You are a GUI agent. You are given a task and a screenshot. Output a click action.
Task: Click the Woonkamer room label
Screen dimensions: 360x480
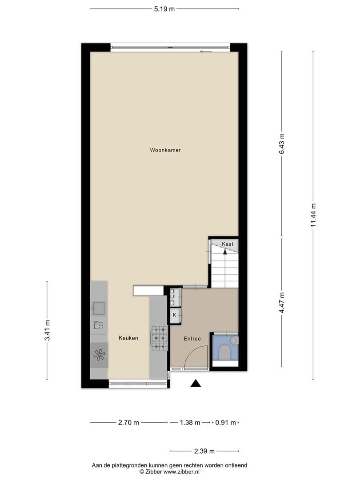tap(165, 150)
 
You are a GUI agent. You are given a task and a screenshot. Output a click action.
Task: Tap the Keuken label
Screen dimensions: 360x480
tap(128, 338)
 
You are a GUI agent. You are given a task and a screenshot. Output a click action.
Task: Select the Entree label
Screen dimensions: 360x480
tap(192, 339)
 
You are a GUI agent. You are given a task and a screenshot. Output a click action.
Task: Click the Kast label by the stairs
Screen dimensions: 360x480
tap(228, 244)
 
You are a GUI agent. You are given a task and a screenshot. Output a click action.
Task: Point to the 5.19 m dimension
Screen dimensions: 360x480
tap(164, 9)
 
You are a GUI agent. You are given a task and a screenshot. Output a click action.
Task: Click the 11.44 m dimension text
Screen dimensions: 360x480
tap(313, 215)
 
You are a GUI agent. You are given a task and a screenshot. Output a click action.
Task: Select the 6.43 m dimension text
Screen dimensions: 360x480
tap(282, 144)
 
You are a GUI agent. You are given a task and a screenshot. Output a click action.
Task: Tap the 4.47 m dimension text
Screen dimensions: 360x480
tap(282, 303)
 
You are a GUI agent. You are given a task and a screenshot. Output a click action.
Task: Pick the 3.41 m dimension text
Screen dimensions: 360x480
tap(47, 330)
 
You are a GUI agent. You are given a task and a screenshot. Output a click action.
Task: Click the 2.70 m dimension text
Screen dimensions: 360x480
tap(128, 423)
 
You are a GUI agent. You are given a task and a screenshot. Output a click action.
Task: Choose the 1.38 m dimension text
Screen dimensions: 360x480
tap(190, 423)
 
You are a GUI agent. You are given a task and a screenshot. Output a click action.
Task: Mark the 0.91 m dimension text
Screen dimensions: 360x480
tap(226, 423)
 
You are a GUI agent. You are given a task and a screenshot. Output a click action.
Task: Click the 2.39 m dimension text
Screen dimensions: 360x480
tap(204, 451)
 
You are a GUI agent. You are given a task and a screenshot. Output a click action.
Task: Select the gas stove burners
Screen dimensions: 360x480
tap(160, 338)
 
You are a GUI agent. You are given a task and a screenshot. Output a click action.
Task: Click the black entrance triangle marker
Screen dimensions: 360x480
tap(196, 383)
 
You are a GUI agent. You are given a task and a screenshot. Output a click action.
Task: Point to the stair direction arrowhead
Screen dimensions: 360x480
tap(225, 252)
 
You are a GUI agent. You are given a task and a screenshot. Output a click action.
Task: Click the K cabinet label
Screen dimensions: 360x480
tap(175, 315)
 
